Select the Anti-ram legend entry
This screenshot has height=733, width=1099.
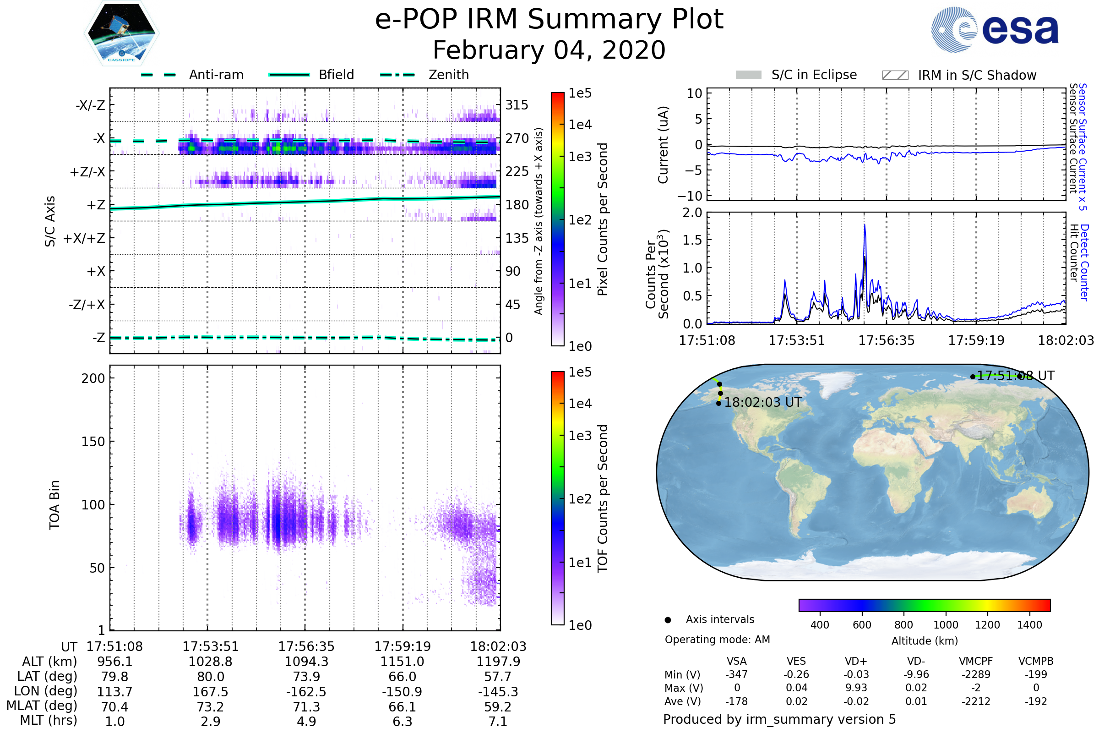point(192,75)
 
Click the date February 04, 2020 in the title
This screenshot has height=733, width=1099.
point(549,50)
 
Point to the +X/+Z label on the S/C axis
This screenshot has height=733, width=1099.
point(84,238)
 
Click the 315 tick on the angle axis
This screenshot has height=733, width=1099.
point(517,105)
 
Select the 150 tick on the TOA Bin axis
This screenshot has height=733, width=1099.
point(93,441)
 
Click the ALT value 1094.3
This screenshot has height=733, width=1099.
point(306,662)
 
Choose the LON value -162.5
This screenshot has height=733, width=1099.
point(306,692)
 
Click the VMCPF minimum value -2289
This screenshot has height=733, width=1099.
point(976,674)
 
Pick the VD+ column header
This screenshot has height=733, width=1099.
point(856,662)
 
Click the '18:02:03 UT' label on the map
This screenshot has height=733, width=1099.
point(762,403)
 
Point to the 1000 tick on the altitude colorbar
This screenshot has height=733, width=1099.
point(946,625)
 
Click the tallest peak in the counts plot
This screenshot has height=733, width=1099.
point(865,225)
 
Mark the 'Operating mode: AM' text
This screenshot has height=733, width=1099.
point(717,640)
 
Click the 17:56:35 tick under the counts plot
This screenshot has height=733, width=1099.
point(887,340)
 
